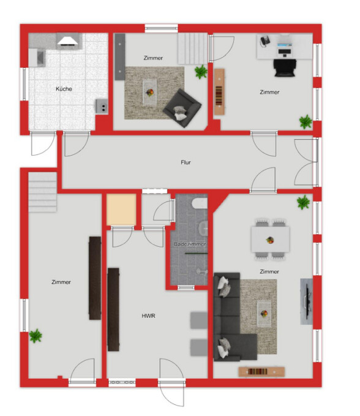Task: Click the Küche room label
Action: point(64,89)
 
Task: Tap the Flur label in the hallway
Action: point(186,162)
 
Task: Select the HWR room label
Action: point(148,316)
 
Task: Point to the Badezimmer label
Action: point(190,244)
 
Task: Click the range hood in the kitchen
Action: point(68,41)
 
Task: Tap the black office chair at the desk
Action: point(285,67)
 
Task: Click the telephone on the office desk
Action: point(265,41)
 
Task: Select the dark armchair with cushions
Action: point(182,108)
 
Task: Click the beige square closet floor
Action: point(121,210)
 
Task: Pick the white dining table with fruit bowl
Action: point(270,240)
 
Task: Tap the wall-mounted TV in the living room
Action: point(307,301)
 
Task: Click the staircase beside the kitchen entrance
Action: point(43,192)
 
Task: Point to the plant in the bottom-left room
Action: point(36,336)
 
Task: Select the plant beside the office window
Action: point(306,122)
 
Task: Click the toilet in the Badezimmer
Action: point(200,204)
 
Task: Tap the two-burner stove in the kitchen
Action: point(102,106)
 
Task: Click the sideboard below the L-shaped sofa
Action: point(261,372)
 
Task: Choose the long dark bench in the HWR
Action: point(113,309)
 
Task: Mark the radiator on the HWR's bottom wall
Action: point(122,382)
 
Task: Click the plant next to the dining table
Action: point(303,202)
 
